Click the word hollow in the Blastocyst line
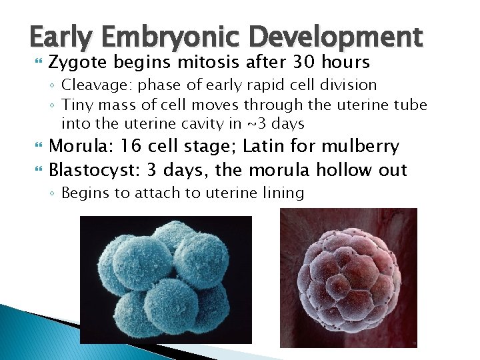(346, 170)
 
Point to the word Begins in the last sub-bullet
(84, 193)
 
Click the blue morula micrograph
(166, 279)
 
